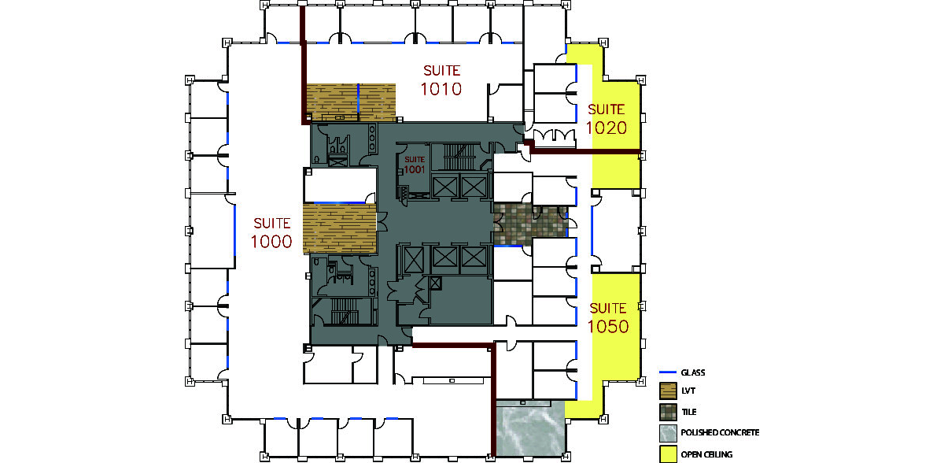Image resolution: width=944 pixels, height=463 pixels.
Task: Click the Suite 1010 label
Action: (441, 80)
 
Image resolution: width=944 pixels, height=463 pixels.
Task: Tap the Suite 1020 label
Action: (607, 120)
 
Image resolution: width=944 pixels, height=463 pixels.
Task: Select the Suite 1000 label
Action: (271, 233)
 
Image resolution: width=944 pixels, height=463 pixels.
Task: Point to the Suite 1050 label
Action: (608, 318)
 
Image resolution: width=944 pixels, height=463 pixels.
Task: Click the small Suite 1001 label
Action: (415, 165)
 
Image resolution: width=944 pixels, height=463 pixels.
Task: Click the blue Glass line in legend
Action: (668, 372)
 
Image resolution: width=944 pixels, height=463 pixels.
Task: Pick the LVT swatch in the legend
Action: (668, 391)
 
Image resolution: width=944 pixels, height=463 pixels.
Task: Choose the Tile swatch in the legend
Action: (668, 412)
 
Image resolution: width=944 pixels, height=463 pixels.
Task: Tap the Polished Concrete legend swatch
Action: (668, 433)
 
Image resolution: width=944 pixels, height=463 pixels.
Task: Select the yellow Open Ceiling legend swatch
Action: (668, 454)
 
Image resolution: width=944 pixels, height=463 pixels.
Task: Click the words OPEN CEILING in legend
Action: (706, 454)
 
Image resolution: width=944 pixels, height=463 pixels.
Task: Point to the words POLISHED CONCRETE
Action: (721, 432)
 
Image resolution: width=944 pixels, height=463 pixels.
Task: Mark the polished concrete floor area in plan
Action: (530, 428)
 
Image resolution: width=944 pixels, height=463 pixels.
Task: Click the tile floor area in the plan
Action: (530, 225)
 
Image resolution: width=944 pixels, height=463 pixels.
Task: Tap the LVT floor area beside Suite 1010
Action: (351, 102)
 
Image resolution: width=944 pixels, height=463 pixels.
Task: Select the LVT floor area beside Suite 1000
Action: (340, 228)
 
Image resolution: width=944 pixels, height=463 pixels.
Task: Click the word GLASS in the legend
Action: (693, 372)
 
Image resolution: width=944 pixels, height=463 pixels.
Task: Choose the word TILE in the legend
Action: (689, 412)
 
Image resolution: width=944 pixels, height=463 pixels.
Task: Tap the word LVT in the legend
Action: (688, 391)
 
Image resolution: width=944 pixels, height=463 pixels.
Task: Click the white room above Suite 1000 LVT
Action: (340, 185)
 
